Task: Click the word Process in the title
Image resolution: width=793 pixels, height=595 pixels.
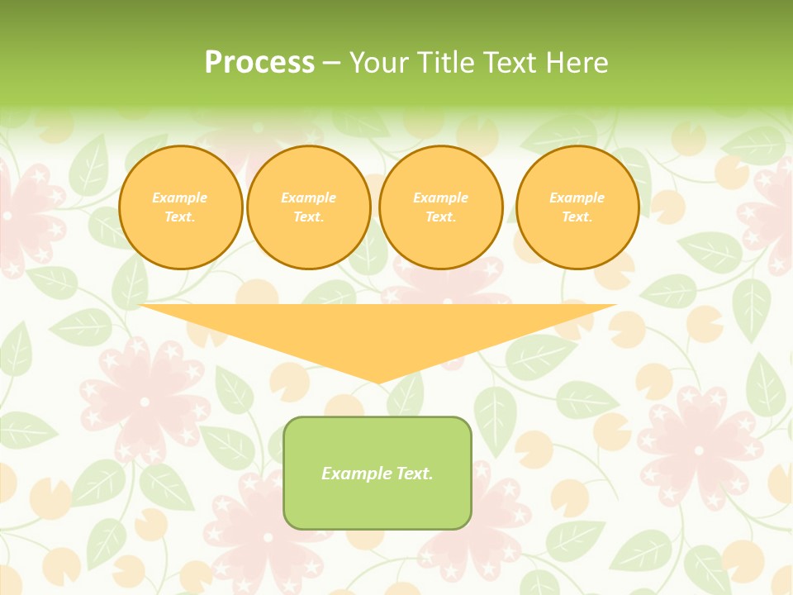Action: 259,63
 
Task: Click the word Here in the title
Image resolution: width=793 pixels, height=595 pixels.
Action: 579,63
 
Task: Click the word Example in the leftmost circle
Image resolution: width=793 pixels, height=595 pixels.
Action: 180,198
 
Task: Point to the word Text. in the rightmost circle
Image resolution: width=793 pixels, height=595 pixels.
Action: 577,217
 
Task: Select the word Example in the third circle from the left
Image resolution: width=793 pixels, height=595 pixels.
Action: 441,198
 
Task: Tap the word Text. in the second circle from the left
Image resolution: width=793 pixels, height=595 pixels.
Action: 309,217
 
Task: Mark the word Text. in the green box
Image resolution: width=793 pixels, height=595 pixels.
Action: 414,474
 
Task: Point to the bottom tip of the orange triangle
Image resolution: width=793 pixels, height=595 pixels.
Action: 378,383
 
